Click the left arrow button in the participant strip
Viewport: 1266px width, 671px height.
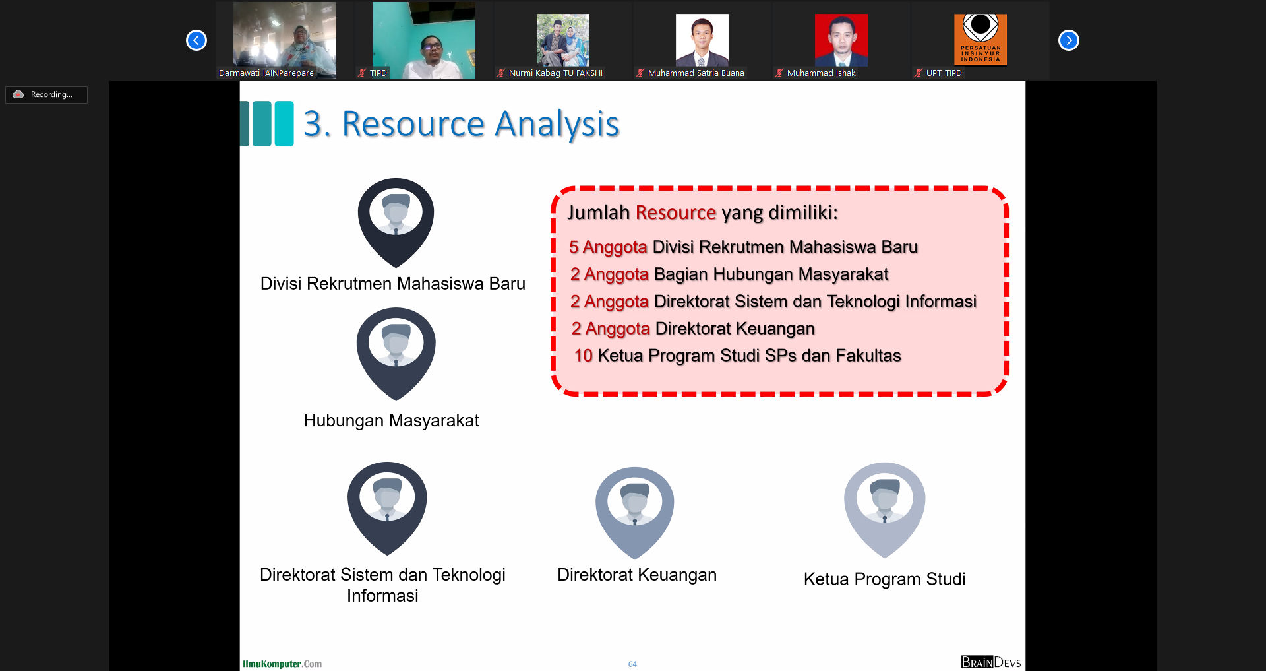[x=196, y=40]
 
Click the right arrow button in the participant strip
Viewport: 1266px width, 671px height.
[x=1069, y=40]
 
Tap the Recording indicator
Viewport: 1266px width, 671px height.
[x=46, y=94]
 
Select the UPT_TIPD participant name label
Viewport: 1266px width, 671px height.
[x=944, y=73]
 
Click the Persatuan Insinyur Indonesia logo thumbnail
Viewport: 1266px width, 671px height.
[x=980, y=40]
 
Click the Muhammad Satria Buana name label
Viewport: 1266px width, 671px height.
[x=696, y=73]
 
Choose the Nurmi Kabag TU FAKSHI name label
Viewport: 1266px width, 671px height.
[x=555, y=73]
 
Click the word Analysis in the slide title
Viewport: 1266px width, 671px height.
[x=557, y=124]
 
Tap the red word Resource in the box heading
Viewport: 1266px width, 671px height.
[x=676, y=212]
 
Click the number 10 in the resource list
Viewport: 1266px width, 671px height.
[x=584, y=356]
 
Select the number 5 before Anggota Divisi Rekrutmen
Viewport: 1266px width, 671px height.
[x=574, y=247]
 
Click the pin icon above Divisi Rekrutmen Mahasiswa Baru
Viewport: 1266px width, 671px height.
[x=396, y=222]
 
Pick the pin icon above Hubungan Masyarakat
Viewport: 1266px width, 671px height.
[x=396, y=354]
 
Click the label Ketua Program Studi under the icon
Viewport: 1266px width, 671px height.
[x=884, y=579]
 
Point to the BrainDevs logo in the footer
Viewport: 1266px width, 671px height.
[x=991, y=662]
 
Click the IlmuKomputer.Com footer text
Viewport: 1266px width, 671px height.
[x=282, y=664]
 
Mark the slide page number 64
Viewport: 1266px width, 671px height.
[x=632, y=664]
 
